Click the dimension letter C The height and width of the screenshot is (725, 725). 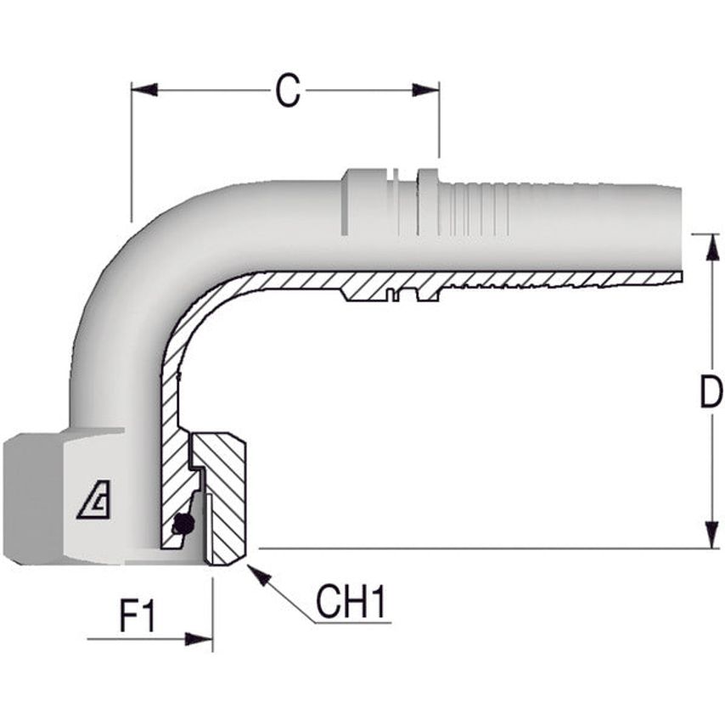(x=288, y=90)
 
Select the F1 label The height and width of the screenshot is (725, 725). (x=137, y=616)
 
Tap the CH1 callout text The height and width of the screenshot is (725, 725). (x=351, y=602)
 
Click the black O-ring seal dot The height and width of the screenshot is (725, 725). (x=180, y=525)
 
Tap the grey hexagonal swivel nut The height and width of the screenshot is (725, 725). (x=51, y=497)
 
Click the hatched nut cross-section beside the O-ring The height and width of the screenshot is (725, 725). (x=225, y=501)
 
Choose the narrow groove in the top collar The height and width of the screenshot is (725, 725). (x=405, y=202)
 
